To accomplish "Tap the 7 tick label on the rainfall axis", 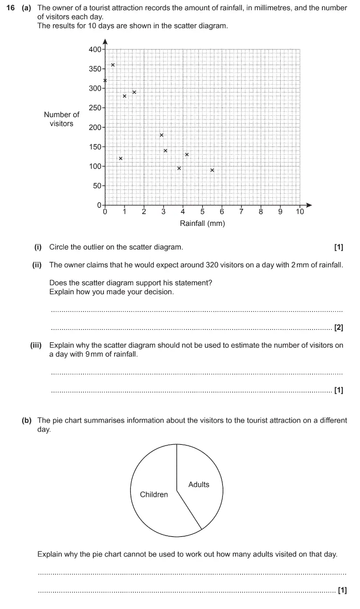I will tap(241, 212).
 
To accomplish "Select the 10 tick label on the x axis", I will tap(300, 212).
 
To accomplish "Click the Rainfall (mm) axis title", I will tap(202, 223).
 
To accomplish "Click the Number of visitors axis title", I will tap(61, 119).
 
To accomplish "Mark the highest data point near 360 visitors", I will tap(113, 65).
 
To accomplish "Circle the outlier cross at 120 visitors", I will tap(120, 158).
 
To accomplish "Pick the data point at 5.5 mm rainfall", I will tap(212, 170).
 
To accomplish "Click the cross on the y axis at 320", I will tap(105, 81).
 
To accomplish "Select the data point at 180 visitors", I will tap(162, 135).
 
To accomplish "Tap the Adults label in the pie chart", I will tap(198, 485).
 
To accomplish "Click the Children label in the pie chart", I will tap(154, 494).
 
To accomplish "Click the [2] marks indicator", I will tap(339, 327).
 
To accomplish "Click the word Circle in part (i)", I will tap(59, 247).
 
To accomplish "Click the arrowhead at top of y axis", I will tap(105, 41).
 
